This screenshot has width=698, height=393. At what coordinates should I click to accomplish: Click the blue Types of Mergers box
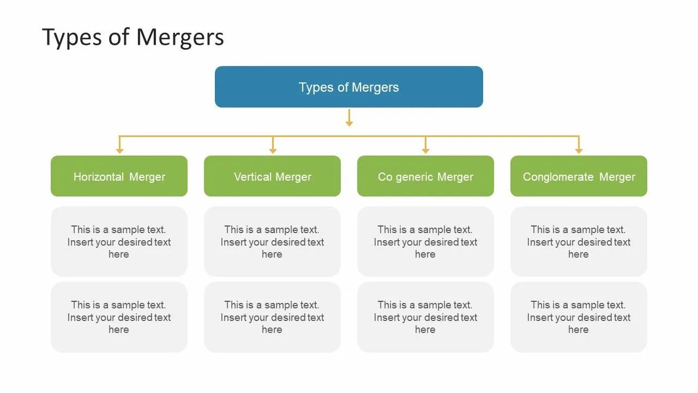point(349,87)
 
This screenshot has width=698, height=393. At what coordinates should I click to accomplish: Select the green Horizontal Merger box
point(119,176)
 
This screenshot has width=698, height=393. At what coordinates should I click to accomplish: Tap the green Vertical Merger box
point(272,176)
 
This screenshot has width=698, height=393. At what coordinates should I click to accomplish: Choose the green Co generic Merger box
point(425,176)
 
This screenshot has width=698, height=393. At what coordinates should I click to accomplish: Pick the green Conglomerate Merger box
point(579,176)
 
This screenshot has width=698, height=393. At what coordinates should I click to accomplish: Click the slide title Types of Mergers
point(133,38)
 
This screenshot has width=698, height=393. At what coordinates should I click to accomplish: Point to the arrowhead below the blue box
point(349,123)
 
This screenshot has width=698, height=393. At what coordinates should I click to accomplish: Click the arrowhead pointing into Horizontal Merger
point(120,150)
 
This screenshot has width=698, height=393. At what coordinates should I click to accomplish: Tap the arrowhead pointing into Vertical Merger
point(273,150)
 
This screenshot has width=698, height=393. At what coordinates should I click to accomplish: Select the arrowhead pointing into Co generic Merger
point(426,150)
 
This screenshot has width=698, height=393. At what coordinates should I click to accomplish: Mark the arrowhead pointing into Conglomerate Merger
point(579,150)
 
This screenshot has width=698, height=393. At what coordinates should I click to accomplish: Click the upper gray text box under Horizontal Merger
point(119,241)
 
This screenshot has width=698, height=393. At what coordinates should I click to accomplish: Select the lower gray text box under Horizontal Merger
point(119,317)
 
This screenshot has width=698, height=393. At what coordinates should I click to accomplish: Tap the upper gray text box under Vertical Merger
point(272,241)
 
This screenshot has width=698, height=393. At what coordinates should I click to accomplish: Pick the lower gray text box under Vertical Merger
point(272,317)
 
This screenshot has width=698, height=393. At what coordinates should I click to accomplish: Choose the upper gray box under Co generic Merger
point(425,241)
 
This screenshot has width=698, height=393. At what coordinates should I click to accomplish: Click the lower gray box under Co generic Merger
point(425,317)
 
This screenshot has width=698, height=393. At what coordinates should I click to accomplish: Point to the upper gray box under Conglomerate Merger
point(579,241)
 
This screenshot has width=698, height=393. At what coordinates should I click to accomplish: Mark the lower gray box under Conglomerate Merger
point(579,317)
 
